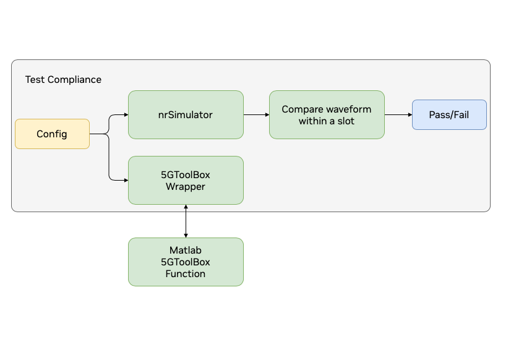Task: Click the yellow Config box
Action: pyautogui.click(x=52, y=134)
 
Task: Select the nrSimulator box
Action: pyautogui.click(x=186, y=114)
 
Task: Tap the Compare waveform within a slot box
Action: pyautogui.click(x=327, y=114)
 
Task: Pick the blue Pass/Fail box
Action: pyautogui.click(x=449, y=114)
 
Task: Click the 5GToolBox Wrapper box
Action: pyautogui.click(x=186, y=180)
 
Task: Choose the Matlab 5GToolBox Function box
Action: pyautogui.click(x=186, y=262)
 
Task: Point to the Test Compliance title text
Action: pyautogui.click(x=63, y=80)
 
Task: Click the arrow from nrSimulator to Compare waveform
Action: pyautogui.click(x=256, y=114)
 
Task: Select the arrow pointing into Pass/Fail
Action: pyautogui.click(x=398, y=114)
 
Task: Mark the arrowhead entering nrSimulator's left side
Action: pyautogui.click(x=126, y=114)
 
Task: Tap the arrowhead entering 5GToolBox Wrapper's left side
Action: pyautogui.click(x=126, y=180)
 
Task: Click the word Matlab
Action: pyautogui.click(x=186, y=251)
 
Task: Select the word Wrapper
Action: pyautogui.click(x=186, y=186)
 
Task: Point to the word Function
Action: pyautogui.click(x=186, y=273)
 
